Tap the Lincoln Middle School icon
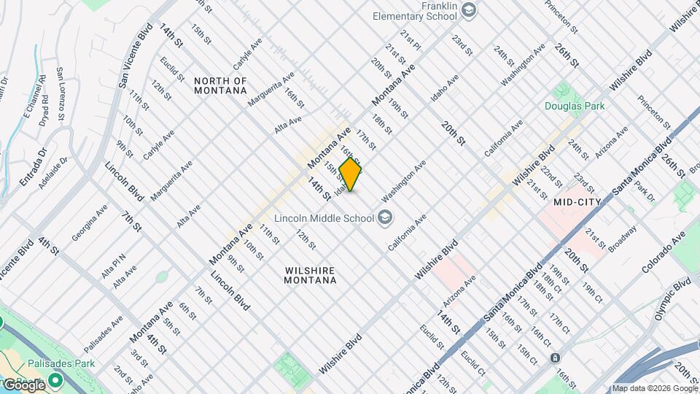pyautogui.click(x=384, y=217)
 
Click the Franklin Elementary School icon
pyautogui.click(x=469, y=10)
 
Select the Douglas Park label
pyautogui.click(x=575, y=106)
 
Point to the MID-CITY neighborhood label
pyautogui.click(x=577, y=201)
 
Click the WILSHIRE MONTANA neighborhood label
pyautogui.click(x=310, y=274)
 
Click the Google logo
pyautogui.click(x=23, y=385)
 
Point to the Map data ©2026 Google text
pyautogui.click(x=654, y=388)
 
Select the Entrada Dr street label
pyautogui.click(x=34, y=168)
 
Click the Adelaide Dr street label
pyautogui.click(x=54, y=171)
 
